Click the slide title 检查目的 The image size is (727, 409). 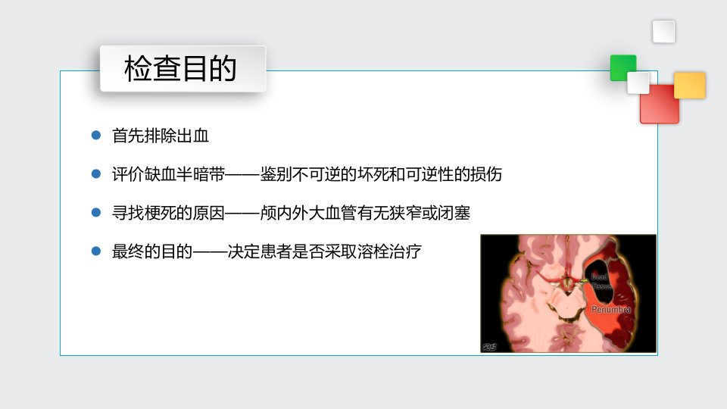(180, 68)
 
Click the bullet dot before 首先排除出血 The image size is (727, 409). (96, 136)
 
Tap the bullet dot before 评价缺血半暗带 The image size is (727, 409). (96, 174)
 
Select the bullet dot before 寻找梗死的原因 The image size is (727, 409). (96, 213)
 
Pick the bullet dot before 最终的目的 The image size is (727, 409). (96, 251)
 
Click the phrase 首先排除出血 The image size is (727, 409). (161, 136)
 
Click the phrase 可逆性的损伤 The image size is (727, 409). (454, 174)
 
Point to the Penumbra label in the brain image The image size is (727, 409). (610, 309)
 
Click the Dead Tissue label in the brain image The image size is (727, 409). (601, 282)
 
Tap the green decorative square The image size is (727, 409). (622, 67)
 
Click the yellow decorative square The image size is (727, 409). (689, 86)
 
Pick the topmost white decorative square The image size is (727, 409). (663, 32)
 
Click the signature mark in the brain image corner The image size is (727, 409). (489, 347)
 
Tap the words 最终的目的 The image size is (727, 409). (152, 251)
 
